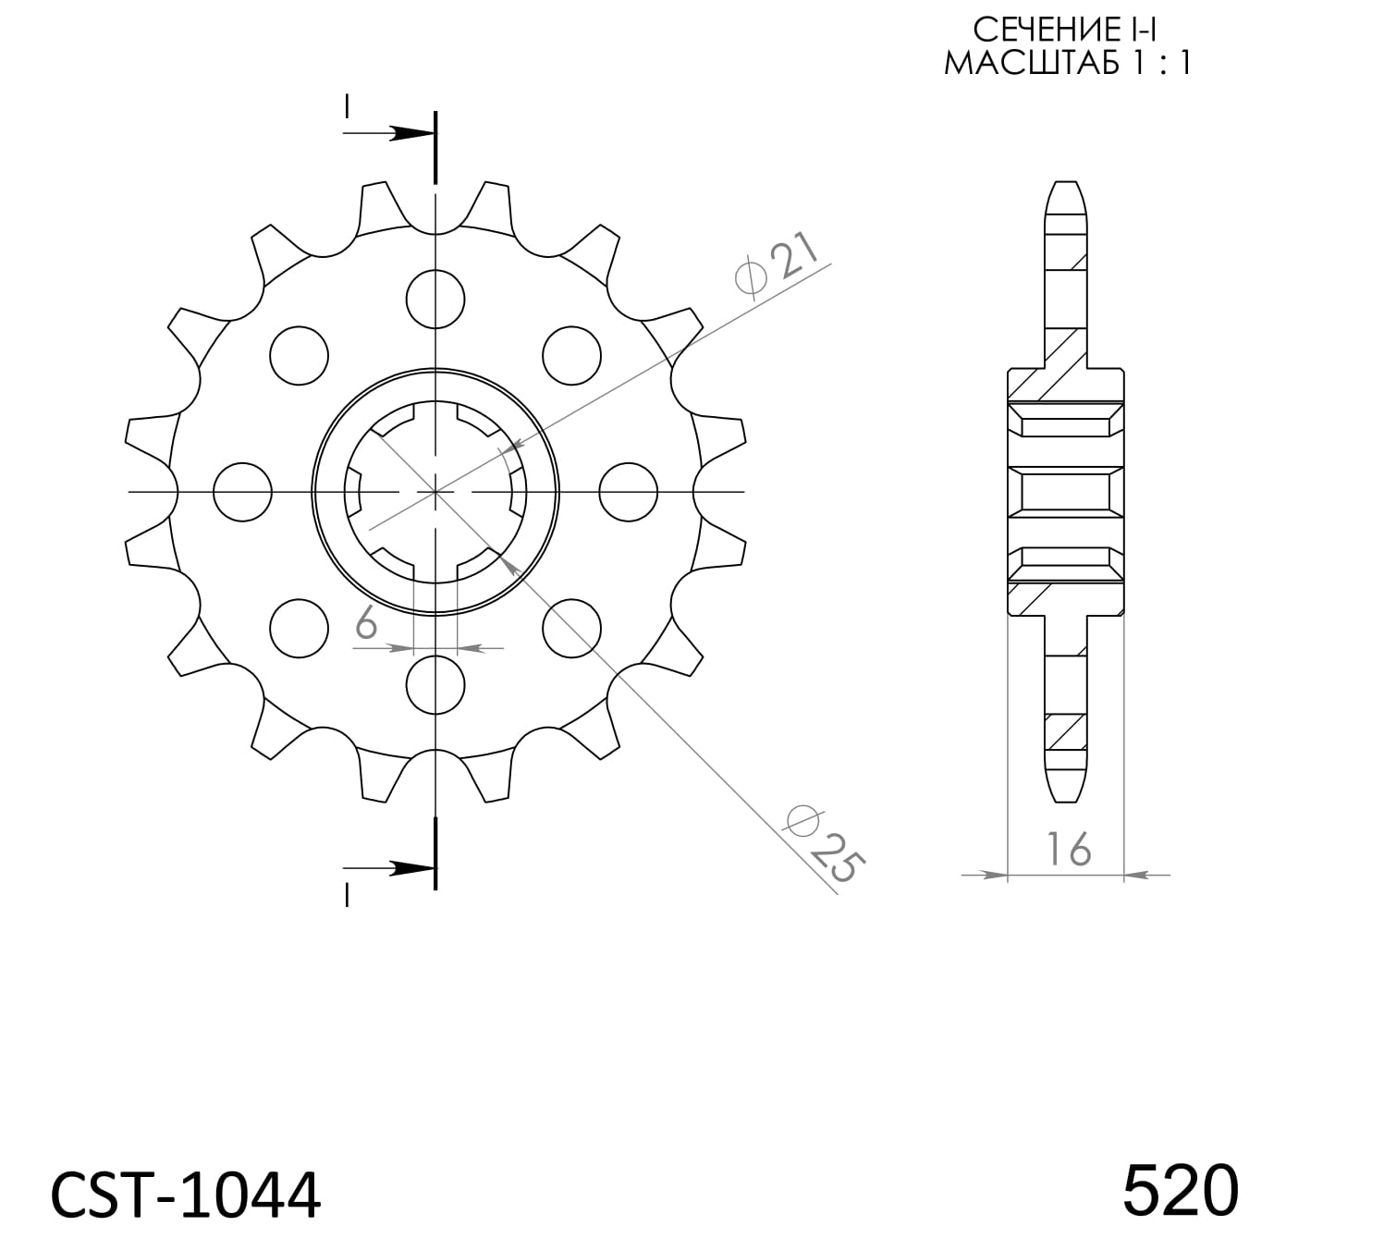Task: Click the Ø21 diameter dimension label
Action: [x=777, y=266]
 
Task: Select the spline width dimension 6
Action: [x=366, y=625]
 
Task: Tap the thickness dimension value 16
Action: [x=1068, y=849]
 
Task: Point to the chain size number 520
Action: [x=1180, y=1190]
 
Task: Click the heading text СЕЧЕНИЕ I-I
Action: [x=1066, y=31]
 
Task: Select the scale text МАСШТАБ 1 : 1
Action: [x=1066, y=63]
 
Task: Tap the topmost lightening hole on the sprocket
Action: [x=435, y=299]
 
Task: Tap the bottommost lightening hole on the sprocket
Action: [x=435, y=685]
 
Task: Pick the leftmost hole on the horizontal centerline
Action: [x=242, y=492]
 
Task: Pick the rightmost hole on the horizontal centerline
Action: [x=629, y=492]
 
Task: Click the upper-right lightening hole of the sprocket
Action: [x=571, y=355]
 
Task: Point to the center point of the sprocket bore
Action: [x=435, y=492]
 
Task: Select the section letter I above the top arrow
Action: [x=347, y=106]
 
